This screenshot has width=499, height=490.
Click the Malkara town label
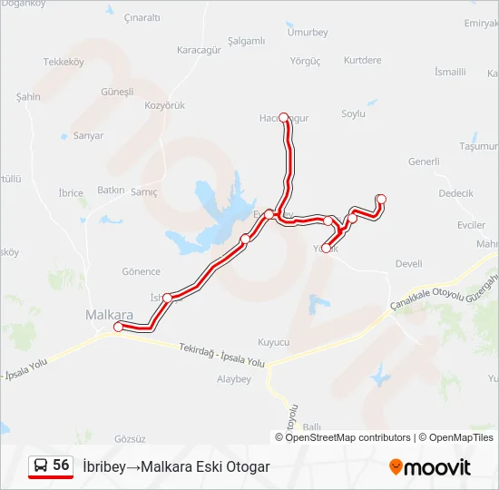pos(109,315)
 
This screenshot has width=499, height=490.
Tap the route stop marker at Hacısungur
pos(284,117)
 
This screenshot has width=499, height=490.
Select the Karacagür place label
pos(200,50)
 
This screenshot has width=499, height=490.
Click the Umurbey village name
pos(307,32)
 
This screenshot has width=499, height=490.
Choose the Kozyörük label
pos(165,105)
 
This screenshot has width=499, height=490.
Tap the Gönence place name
pos(141,271)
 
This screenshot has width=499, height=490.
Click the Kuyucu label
pos(273,342)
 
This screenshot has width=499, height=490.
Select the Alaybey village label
pos(233,379)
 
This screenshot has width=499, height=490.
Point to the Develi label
pos(409,264)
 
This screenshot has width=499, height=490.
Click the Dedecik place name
pos(455,193)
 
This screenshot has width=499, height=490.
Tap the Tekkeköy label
pos(64,63)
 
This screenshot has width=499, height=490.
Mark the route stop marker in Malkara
pos(118,327)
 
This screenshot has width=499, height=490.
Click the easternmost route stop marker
pos(381,199)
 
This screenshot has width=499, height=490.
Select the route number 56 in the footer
pos(61,465)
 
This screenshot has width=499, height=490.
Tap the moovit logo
pos(430,467)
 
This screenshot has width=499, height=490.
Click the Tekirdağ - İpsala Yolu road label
pos(221,356)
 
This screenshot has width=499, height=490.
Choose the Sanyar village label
pos(88,135)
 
